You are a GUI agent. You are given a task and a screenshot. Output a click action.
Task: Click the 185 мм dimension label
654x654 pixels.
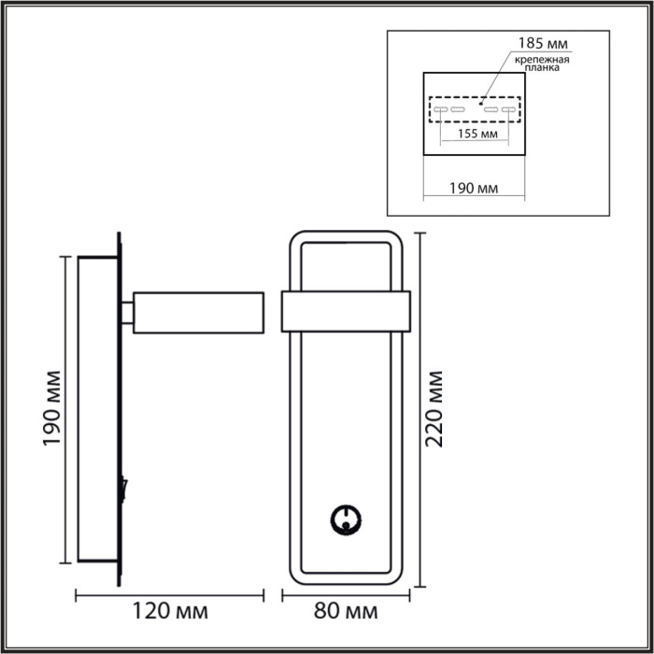point(544,43)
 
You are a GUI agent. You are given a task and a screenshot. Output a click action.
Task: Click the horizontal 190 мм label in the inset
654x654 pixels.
point(474,188)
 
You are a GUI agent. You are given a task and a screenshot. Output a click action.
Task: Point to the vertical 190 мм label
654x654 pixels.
point(53,408)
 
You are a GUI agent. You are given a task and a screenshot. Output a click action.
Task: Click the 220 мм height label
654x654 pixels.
point(434,409)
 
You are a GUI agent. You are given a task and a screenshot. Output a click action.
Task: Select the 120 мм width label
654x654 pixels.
point(168,612)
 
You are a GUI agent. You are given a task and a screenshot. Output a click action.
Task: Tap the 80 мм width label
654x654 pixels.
point(348,612)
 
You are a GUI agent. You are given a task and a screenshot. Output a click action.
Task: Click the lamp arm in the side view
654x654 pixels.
point(197,311)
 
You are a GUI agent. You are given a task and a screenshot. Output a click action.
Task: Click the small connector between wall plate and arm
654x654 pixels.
point(126,311)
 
